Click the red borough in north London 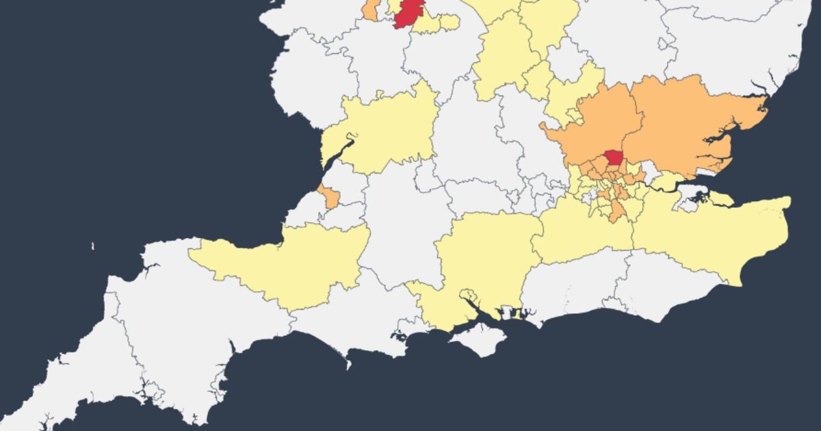(612, 158)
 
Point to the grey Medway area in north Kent (686, 198)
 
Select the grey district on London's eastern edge (647, 177)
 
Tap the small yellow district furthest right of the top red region (448, 21)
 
